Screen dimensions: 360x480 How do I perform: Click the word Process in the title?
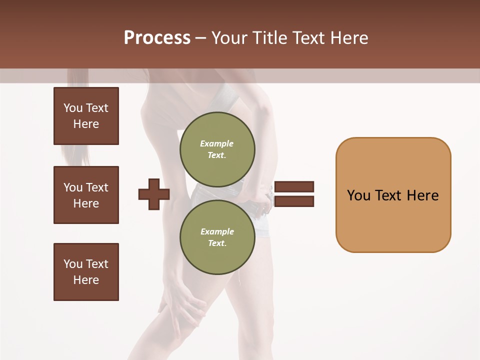[x=157, y=37]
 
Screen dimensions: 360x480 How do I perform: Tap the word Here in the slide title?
[x=348, y=37]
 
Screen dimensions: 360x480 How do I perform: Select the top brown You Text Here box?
[x=86, y=116]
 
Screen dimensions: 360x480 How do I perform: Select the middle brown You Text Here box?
[x=86, y=195]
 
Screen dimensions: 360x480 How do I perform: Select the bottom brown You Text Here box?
[x=86, y=272]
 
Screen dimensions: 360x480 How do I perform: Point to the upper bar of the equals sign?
[x=294, y=186]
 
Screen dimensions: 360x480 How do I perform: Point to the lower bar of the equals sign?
[x=294, y=201]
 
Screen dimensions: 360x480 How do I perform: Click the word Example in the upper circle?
[x=216, y=143]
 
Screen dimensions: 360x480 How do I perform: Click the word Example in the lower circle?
[x=217, y=231]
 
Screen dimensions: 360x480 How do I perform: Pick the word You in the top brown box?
[x=72, y=108]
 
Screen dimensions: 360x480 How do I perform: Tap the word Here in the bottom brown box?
[x=86, y=280]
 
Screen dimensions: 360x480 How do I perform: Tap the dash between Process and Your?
[x=201, y=38]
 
